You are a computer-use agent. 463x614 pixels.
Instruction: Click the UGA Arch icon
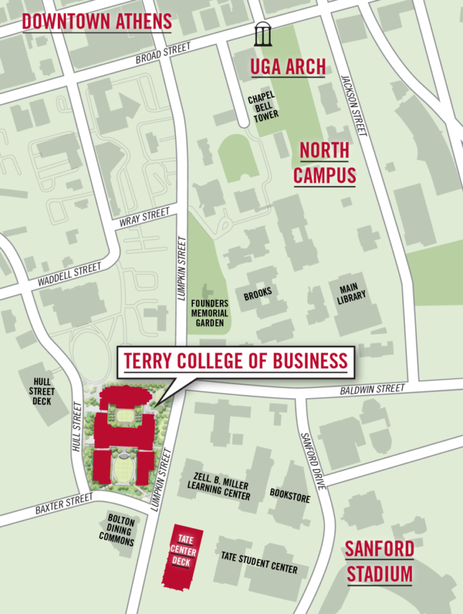[263, 34]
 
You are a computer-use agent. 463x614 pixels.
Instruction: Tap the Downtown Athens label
[97, 22]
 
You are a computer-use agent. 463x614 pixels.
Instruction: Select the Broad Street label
[163, 53]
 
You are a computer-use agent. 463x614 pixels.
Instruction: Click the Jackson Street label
[354, 105]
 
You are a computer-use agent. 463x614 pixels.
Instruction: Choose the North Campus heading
[324, 163]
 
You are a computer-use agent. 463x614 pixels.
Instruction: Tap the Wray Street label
[145, 217]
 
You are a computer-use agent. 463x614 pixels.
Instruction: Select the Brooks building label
[258, 294]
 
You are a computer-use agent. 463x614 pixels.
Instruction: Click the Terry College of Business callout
[236, 361]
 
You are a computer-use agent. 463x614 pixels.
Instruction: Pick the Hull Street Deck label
[42, 391]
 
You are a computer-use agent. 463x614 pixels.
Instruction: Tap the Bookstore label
[290, 496]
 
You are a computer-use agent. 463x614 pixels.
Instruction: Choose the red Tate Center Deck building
[182, 558]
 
